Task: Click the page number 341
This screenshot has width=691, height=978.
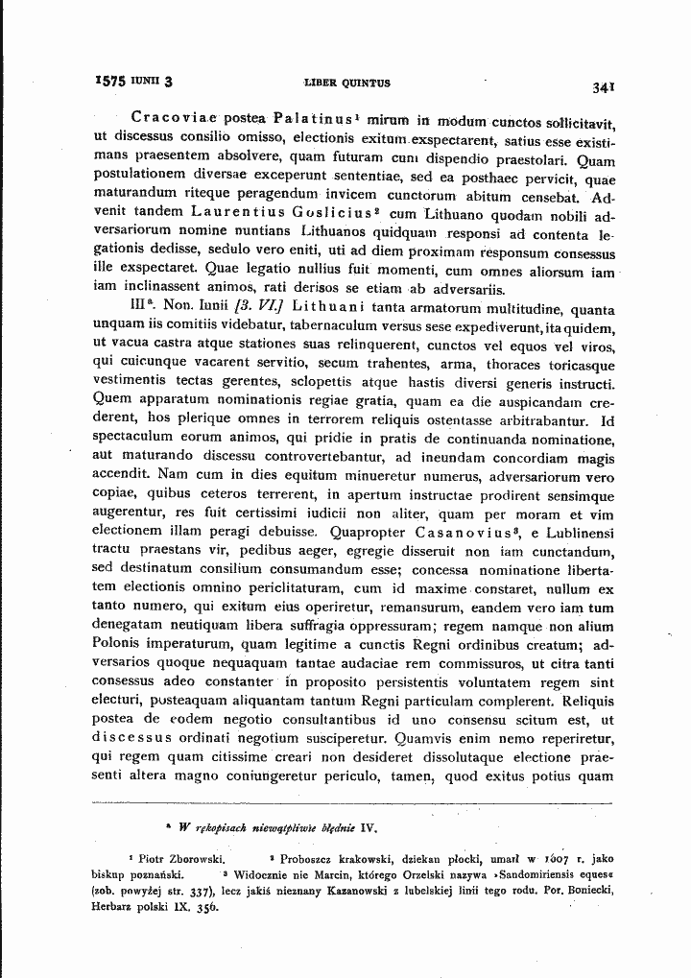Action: click(603, 86)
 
